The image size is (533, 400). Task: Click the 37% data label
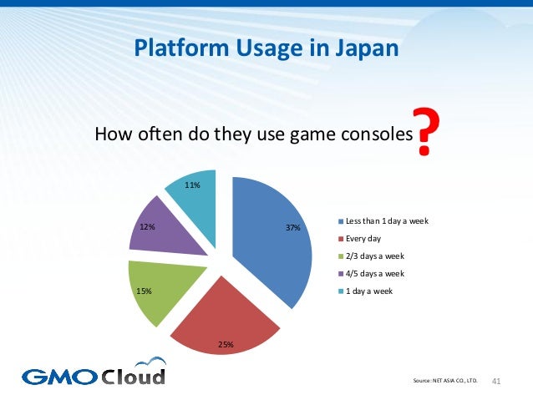pos(292,227)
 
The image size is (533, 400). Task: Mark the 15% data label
pos(144,291)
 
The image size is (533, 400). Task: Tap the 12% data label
pos(147,225)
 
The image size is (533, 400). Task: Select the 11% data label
pos(193,185)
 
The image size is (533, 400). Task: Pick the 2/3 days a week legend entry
pos(371,256)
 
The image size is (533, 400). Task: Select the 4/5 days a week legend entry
pos(371,273)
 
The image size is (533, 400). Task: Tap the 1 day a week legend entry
pos(367,291)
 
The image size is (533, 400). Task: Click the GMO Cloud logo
pos(94,374)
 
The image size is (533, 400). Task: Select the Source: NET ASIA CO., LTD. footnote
pos(445,382)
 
